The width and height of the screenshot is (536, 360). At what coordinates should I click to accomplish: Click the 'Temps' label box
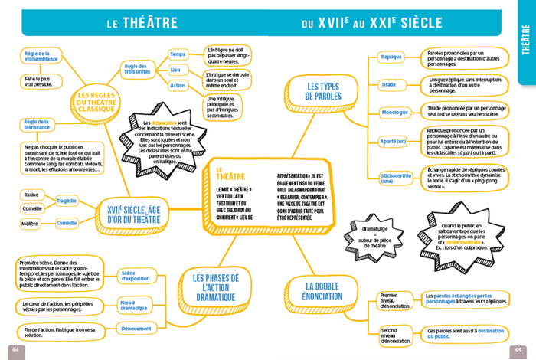pos(178,54)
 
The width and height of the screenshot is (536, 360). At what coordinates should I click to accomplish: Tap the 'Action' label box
pos(178,86)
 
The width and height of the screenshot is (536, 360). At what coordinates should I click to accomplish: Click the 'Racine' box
pos(31,195)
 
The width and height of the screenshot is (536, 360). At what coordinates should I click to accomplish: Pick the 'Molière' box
pos(31,224)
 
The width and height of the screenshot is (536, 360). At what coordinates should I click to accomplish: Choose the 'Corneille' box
pos(31,208)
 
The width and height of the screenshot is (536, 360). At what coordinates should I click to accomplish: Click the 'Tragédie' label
pos(67,201)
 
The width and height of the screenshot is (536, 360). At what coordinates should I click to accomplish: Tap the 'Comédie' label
pos(67,223)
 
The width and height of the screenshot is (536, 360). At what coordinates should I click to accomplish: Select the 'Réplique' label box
pos(391,57)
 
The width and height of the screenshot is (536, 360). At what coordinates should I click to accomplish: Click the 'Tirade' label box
pos(388,83)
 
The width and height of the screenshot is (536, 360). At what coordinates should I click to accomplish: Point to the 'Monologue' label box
pos(395,113)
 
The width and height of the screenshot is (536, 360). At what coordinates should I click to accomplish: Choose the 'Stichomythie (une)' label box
pos(396,178)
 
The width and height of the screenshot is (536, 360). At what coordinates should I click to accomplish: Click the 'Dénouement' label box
pos(136,328)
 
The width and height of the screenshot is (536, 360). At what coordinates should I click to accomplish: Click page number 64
pos(15,349)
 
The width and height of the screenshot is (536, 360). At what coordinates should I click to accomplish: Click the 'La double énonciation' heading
pos(322,290)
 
